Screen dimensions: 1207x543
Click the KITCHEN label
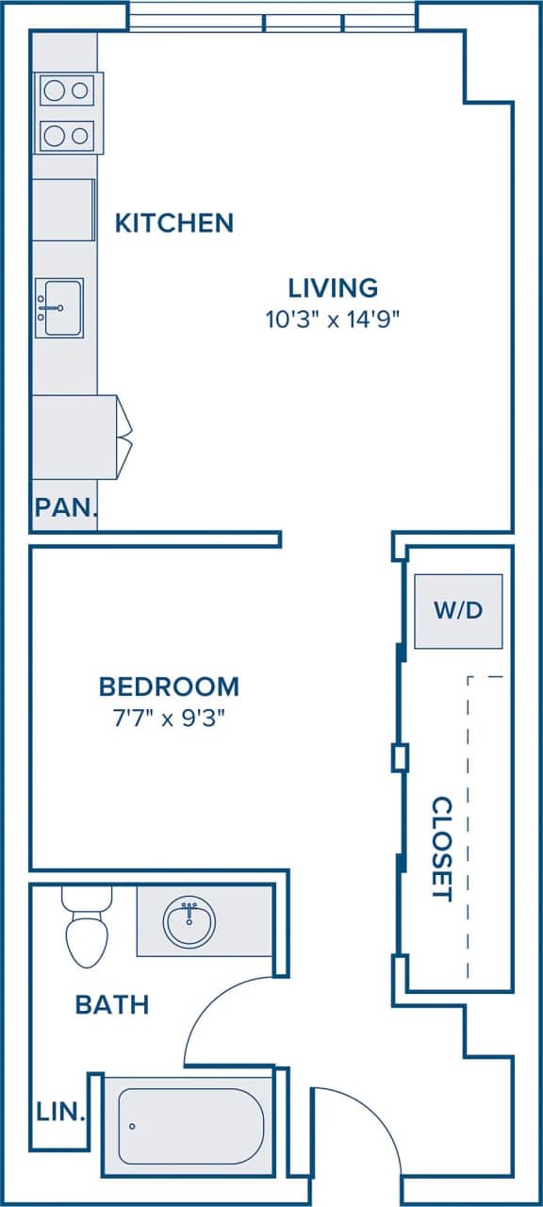[x=173, y=223]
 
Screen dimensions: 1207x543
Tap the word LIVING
[x=333, y=287]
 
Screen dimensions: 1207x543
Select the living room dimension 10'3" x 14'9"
[x=333, y=319]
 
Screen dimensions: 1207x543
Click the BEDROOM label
[x=169, y=686]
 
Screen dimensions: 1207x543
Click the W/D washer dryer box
[x=458, y=610]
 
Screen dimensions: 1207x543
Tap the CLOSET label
[x=441, y=849]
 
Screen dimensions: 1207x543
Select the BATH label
[x=112, y=1004]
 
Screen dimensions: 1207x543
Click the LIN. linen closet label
[x=61, y=1113]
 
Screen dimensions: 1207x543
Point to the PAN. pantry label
[x=66, y=508]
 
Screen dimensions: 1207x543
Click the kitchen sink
[x=59, y=307]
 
